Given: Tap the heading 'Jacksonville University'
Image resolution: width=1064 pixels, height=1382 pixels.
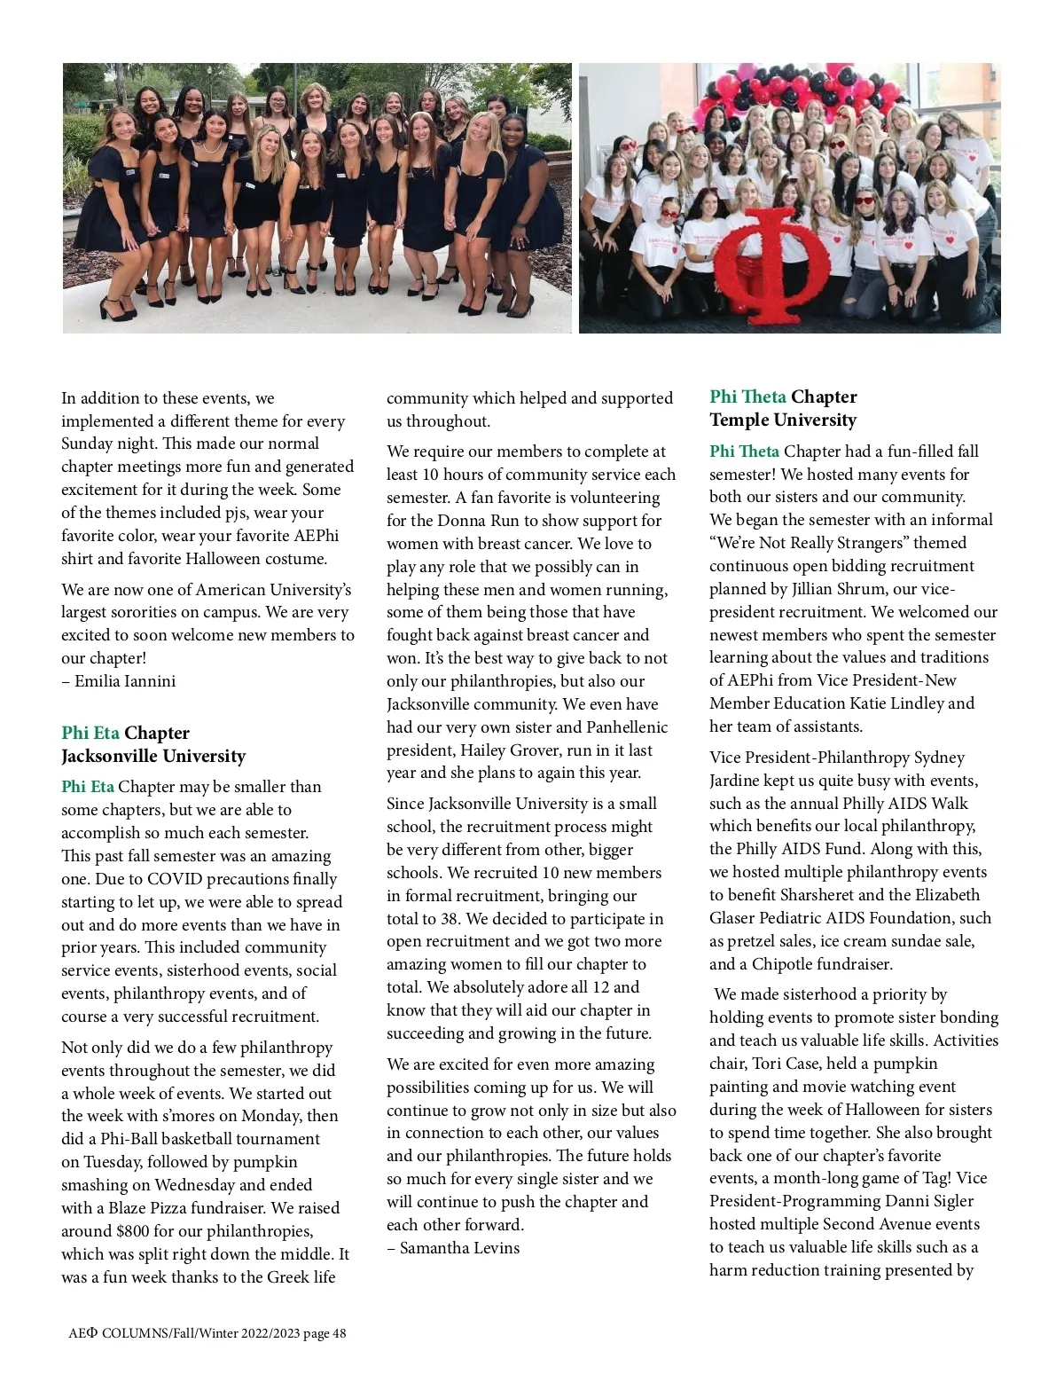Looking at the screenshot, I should pos(153,756).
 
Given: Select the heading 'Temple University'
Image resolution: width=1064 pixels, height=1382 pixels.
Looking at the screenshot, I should pos(783,420).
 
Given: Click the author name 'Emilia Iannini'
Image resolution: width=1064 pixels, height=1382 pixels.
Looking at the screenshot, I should pos(125,681).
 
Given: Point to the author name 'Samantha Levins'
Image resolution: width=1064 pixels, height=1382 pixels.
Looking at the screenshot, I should pos(459,1248).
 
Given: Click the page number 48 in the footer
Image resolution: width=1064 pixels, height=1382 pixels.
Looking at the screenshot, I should pos(339,1333).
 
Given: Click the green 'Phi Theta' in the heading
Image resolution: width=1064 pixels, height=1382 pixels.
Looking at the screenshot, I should pos(747,397).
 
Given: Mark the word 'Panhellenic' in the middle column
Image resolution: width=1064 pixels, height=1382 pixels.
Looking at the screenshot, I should pos(627,727).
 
